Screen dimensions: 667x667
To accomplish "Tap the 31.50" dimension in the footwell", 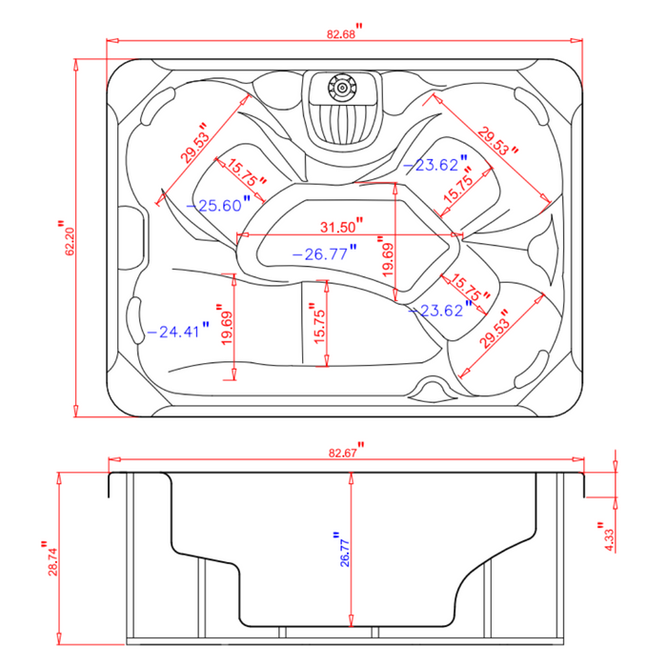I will point(340,227).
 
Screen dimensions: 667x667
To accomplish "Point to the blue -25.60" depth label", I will point(220,204).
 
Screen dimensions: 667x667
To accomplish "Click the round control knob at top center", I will point(338,89).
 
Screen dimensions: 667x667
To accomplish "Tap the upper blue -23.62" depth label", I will point(435,165).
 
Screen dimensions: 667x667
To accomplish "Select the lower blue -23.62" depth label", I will point(435,310).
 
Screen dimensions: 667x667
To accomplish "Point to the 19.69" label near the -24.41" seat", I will point(226,326).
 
